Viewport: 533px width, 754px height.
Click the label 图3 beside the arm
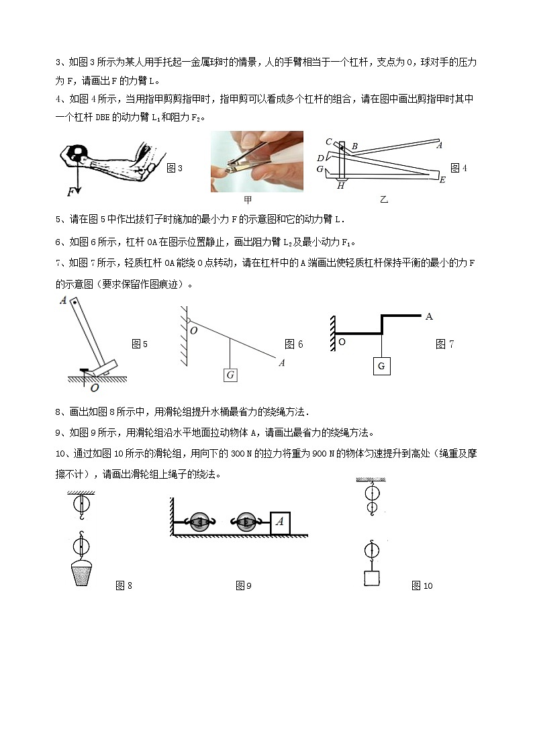click(175, 168)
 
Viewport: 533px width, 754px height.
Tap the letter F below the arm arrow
click(70, 192)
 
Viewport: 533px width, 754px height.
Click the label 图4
click(458, 168)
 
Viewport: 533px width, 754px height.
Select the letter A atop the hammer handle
click(63, 301)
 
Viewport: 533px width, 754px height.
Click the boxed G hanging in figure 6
click(230, 375)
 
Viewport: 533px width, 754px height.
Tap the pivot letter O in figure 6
click(194, 331)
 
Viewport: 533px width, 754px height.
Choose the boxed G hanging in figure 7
click(381, 366)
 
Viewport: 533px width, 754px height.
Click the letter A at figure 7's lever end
click(429, 316)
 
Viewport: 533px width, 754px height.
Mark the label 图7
click(444, 344)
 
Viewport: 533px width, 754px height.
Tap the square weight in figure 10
click(369, 578)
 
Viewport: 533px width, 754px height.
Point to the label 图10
click(422, 586)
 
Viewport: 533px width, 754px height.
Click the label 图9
click(243, 586)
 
